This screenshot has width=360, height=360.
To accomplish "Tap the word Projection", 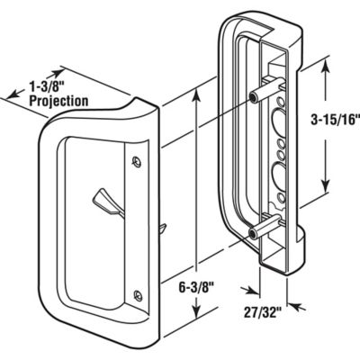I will click(x=58, y=101).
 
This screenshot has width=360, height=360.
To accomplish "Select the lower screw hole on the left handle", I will click(x=136, y=292).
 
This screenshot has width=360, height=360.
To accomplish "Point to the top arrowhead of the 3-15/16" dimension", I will click(x=321, y=60).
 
